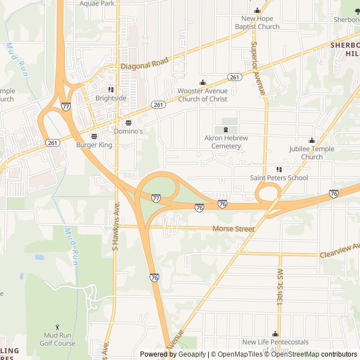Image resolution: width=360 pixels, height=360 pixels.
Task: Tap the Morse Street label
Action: [x=233, y=229]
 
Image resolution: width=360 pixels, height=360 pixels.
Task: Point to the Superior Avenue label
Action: [x=258, y=68]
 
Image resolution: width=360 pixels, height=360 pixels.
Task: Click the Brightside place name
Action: [x=111, y=98]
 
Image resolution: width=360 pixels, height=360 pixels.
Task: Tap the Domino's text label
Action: [x=128, y=131]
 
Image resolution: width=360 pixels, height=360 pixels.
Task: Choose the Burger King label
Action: [x=94, y=145]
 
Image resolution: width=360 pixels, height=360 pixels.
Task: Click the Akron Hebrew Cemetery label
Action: [x=226, y=142]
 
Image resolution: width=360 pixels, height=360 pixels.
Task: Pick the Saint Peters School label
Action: [x=279, y=178]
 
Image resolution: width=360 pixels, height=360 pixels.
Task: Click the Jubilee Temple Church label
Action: [x=312, y=152]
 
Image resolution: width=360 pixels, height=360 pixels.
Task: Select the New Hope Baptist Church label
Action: [x=257, y=22]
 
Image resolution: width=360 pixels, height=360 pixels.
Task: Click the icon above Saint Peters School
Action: [x=279, y=169]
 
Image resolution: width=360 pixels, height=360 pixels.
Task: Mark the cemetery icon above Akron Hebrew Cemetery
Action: [x=226, y=129]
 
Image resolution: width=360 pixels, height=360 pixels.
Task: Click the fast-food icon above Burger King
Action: [x=94, y=136]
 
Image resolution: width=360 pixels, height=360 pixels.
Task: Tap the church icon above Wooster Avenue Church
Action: [x=202, y=82]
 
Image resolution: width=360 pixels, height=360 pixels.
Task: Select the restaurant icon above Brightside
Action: [x=111, y=89]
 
